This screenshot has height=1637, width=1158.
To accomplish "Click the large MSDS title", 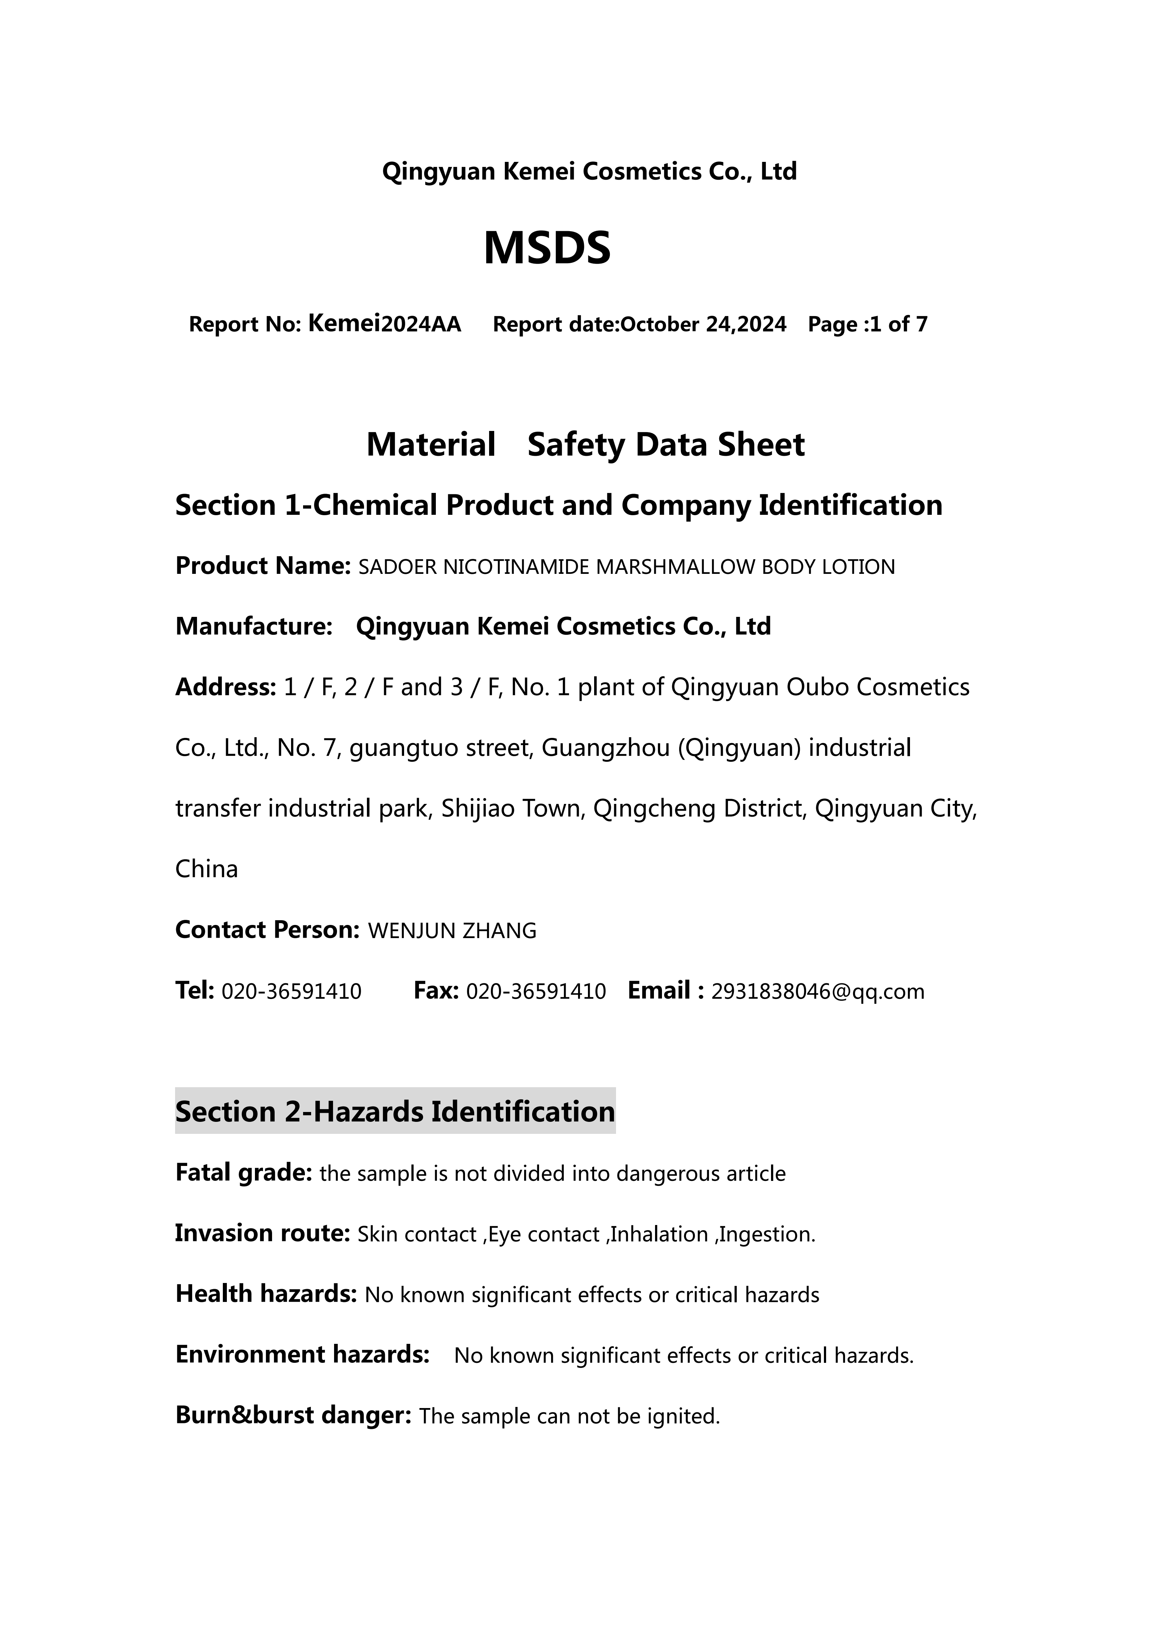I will coord(547,248).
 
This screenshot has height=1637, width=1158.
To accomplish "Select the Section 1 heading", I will coord(558,506).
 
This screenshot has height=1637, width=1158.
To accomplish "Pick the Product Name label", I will coord(262,566).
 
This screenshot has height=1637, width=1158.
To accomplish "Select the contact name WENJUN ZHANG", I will coord(452,931).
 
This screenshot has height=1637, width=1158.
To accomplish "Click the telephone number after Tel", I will coord(292,992).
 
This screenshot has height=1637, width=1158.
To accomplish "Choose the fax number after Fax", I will coord(535,992).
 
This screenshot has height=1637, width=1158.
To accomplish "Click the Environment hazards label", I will coord(302,1355).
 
